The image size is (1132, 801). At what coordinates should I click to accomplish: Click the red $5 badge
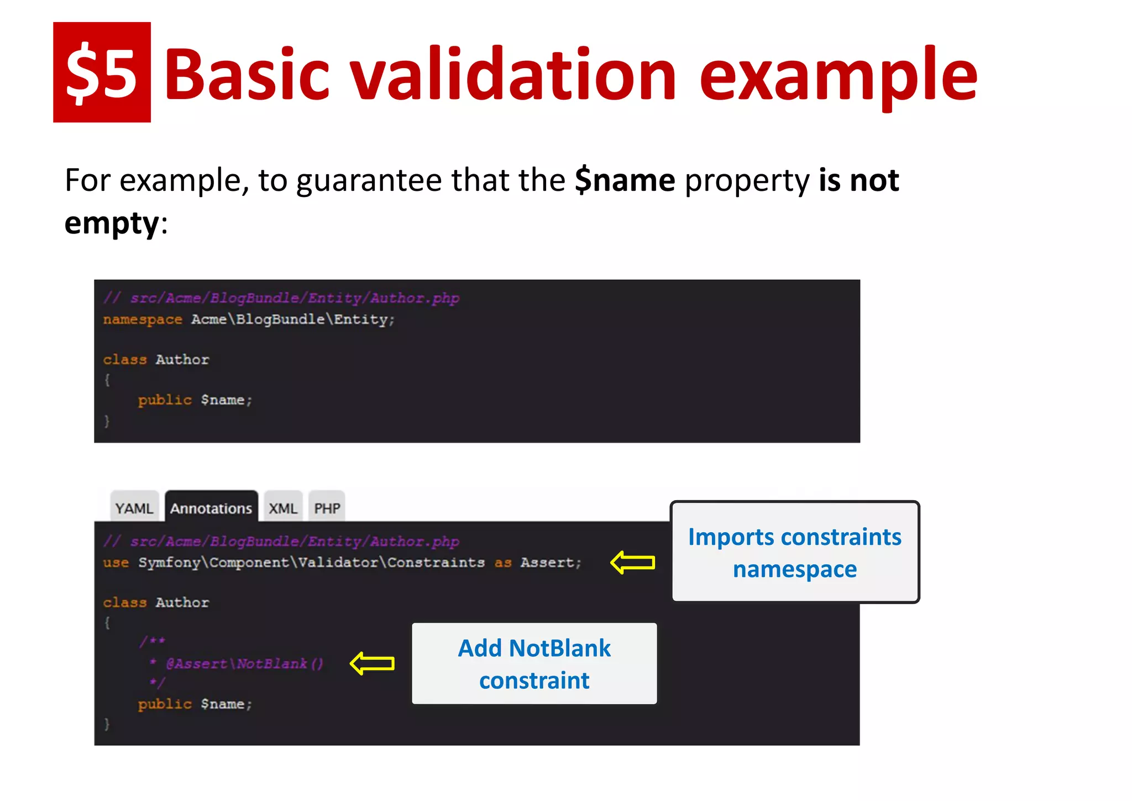tap(102, 72)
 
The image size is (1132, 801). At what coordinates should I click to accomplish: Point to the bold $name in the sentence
tap(625, 180)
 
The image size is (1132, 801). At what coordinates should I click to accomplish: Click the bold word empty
tap(112, 223)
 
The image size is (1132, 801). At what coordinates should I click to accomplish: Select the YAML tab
tap(134, 508)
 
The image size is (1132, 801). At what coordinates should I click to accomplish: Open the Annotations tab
tap(211, 508)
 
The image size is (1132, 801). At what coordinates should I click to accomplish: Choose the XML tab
tap(283, 508)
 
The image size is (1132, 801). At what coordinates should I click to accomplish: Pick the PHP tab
tap(327, 508)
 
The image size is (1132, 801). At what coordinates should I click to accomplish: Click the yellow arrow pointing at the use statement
tap(633, 563)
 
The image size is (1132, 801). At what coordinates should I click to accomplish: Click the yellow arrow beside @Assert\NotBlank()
tap(373, 663)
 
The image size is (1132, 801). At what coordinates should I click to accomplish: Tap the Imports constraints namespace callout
tap(794, 552)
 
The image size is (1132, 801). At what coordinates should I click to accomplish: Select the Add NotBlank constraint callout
tap(534, 663)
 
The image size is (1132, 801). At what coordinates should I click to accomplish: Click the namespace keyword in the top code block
tap(142, 320)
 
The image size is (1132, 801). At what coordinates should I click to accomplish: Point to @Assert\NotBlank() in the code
tap(245, 663)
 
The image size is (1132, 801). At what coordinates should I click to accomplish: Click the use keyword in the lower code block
tap(116, 563)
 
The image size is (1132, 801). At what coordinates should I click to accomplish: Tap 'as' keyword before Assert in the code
tap(502, 563)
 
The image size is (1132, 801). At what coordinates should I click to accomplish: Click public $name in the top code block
tap(195, 400)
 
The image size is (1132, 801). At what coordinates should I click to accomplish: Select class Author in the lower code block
tap(156, 602)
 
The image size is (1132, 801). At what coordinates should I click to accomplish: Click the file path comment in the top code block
tap(281, 298)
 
